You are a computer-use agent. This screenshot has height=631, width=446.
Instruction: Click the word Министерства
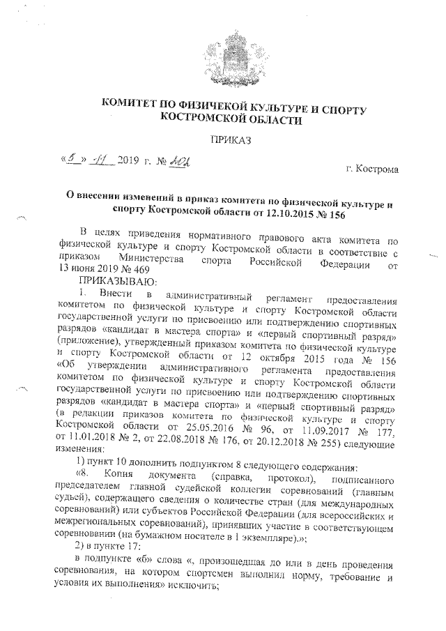164,258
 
